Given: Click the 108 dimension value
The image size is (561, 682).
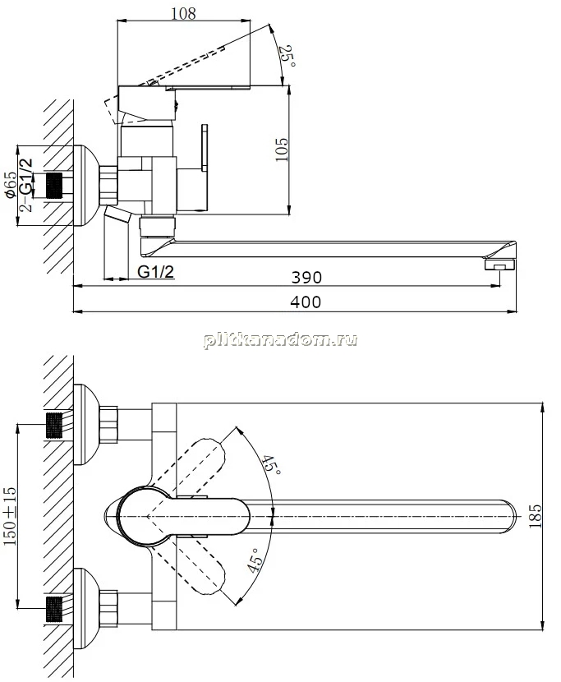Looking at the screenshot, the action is [183, 13].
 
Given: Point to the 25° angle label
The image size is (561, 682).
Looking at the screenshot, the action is [289, 57].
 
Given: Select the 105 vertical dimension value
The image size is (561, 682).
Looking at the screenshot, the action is [282, 150].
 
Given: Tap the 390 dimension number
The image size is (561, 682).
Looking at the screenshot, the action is [306, 277].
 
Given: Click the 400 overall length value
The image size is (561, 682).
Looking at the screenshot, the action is [306, 302].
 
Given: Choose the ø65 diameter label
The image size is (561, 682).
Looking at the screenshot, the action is [11, 184].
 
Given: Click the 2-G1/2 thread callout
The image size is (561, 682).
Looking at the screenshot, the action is [26, 184].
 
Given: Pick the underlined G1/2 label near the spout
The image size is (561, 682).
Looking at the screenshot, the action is [156, 272].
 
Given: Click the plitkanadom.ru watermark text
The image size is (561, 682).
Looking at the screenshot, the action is [281, 339].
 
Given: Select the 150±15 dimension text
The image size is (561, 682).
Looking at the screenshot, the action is [10, 516].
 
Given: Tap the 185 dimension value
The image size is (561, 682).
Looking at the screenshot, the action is [536, 516].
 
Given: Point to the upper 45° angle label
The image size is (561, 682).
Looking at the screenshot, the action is [271, 465].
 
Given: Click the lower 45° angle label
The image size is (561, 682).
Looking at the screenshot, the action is [255, 560].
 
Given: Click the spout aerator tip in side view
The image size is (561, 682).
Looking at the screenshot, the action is [499, 265].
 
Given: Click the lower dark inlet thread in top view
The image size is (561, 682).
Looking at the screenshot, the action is [54, 610].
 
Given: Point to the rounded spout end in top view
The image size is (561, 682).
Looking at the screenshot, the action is [508, 516].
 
